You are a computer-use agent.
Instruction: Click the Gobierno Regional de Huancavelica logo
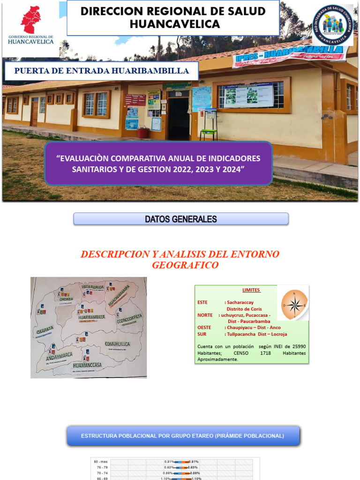tap(30, 26)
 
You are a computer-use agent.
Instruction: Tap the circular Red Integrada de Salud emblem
tap(333, 26)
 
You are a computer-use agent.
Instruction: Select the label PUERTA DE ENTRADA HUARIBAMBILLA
tap(102, 71)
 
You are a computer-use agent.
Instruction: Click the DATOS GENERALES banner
tap(180, 219)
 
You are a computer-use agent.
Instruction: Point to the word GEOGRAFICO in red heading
tap(185, 265)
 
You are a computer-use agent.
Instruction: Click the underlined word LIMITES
tap(251, 290)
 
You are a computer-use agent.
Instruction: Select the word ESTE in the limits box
tap(203, 303)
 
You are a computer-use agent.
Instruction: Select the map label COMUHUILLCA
tap(117, 344)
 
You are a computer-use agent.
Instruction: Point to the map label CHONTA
tap(65, 298)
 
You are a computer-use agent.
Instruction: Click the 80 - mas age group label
tap(100, 462)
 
